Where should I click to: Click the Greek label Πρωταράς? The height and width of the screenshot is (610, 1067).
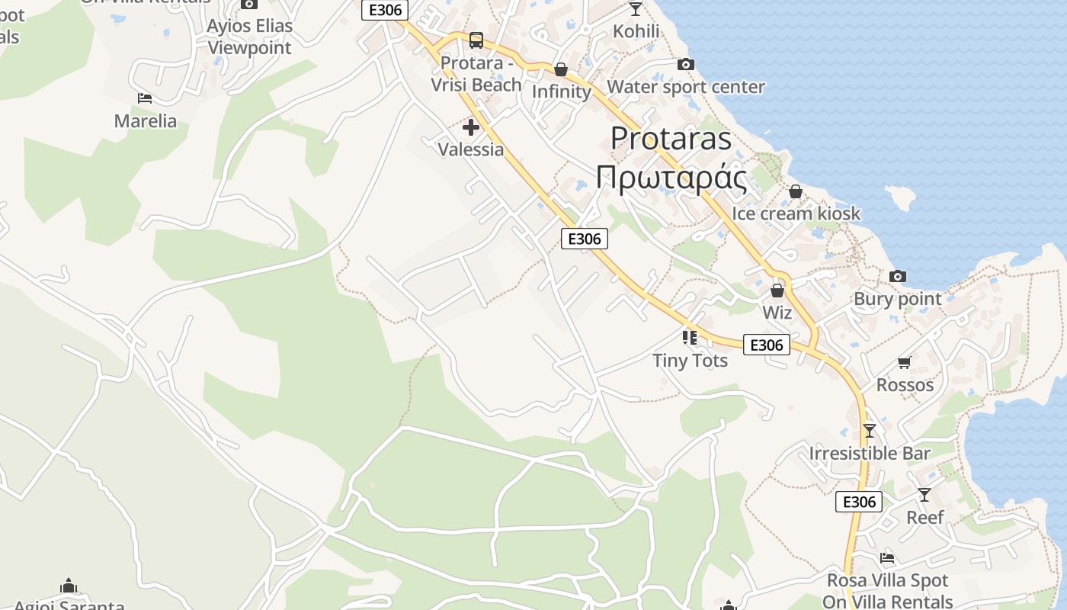[671, 178]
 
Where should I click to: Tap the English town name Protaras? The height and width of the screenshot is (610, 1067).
[671, 138]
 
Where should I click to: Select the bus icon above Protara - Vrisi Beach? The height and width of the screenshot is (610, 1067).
[476, 40]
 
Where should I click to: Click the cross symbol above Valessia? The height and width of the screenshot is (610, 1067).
[471, 127]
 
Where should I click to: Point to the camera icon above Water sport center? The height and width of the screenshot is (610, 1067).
[685, 65]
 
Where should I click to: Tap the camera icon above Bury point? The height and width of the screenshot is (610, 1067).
[898, 276]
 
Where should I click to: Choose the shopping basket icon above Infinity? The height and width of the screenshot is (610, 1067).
[561, 69]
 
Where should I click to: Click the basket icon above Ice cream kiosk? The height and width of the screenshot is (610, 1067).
[796, 191]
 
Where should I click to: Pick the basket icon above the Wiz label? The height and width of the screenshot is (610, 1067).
[777, 291]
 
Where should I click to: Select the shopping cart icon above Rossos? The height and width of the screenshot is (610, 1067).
[905, 362]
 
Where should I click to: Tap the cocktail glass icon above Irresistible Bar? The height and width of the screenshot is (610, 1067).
[869, 431]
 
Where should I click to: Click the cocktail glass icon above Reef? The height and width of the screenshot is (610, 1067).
[924, 495]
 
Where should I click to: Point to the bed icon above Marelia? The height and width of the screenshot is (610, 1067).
[145, 98]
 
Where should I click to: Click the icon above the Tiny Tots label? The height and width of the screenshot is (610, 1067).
[690, 337]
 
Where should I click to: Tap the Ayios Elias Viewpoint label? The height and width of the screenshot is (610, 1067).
[249, 37]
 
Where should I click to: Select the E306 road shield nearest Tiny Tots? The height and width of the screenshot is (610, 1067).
[767, 345]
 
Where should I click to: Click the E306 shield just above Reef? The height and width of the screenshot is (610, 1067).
[859, 502]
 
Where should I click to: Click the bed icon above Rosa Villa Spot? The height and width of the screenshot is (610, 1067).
[886, 558]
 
